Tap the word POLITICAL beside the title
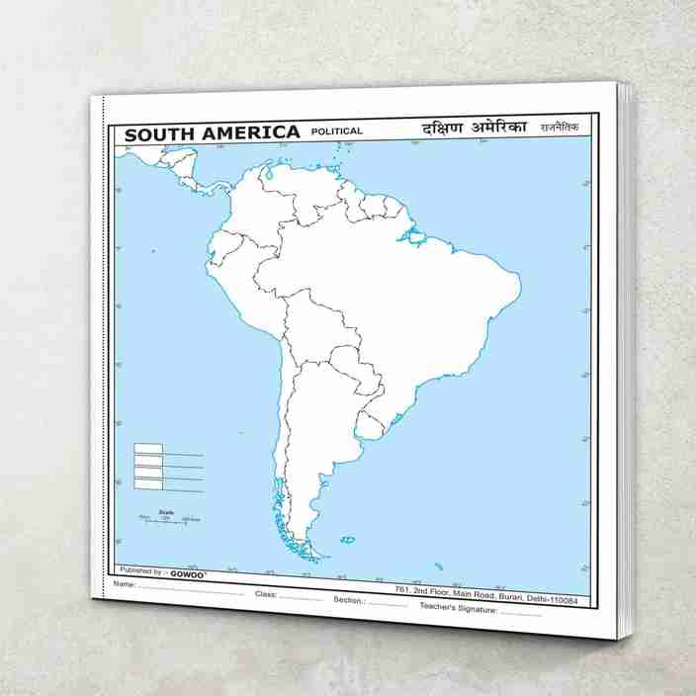336,130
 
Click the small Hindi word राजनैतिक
559,128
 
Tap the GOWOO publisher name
188,571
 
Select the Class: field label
265,594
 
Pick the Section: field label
349,600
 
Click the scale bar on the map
169,519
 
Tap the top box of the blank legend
148,448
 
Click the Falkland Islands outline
347,540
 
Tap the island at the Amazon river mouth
414,237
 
